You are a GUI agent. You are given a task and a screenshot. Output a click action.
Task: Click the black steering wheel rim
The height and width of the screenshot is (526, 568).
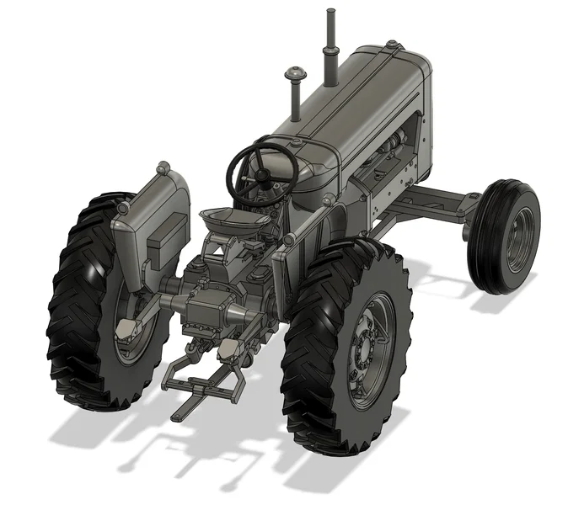tap(233, 164)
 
